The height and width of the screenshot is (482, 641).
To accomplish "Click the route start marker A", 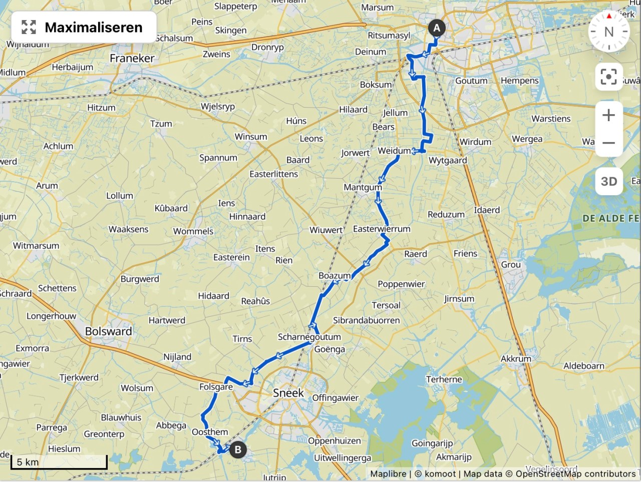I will (436, 28).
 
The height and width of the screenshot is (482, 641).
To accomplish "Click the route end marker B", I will (238, 449).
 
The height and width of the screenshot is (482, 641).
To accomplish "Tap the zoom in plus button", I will (608, 115).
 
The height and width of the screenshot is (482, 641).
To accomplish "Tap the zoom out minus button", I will (608, 143).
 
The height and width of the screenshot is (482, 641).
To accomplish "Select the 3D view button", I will (608, 181).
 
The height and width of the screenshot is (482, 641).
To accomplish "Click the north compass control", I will (608, 32).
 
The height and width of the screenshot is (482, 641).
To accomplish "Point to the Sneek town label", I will (288, 393).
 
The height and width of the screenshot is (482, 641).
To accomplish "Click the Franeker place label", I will (132, 58).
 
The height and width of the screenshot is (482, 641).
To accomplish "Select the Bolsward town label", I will (108, 331).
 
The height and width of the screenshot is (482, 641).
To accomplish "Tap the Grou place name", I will (511, 265).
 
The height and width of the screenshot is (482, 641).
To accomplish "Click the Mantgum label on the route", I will (363, 187).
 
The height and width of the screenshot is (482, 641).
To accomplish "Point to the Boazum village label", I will (335, 276).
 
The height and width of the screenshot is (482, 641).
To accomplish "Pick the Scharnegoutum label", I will (309, 337).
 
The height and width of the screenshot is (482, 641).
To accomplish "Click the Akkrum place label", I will (516, 358).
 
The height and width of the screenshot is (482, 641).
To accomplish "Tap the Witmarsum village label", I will (36, 246).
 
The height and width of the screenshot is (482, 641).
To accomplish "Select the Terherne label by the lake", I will (444, 379).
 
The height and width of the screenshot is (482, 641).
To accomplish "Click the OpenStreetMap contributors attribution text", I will (575, 473).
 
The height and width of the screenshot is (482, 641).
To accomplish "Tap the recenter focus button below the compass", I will (608, 77).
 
